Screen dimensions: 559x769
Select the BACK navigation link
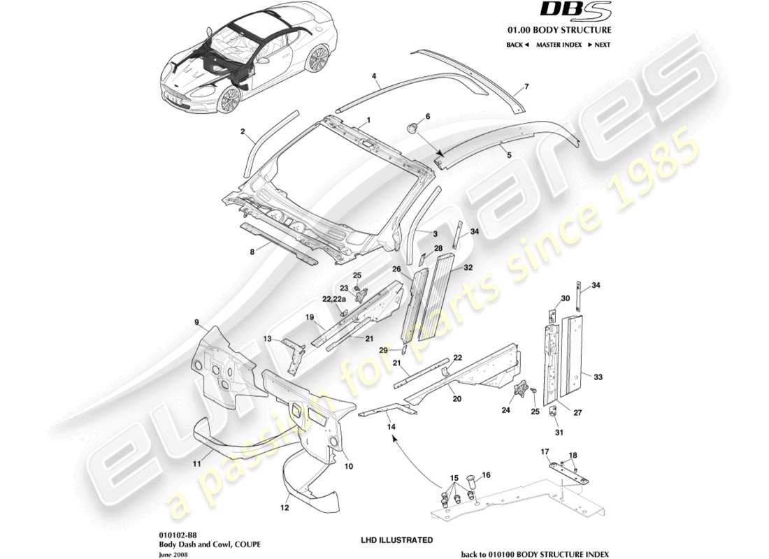[x=517, y=45]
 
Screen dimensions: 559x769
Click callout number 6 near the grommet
[x=428, y=116]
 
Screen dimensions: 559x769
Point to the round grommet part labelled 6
[x=412, y=128]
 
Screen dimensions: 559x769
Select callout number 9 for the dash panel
[x=197, y=323]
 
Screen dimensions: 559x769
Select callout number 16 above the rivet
[x=487, y=474]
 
